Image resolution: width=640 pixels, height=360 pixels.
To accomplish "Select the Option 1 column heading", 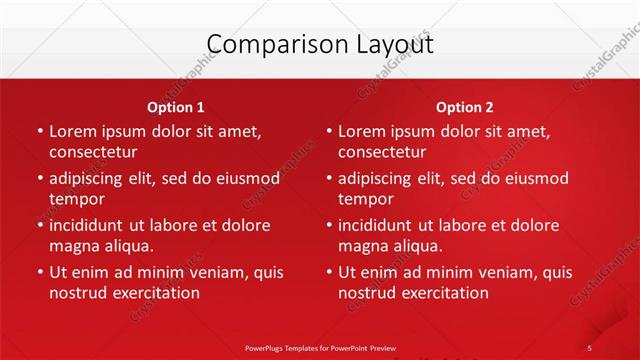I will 176,107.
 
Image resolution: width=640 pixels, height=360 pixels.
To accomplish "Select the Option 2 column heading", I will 465,107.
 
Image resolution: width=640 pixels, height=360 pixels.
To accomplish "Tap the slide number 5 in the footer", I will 590,348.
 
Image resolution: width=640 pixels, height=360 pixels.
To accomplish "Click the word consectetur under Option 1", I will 93,153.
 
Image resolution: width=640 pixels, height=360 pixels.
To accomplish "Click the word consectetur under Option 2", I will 382,153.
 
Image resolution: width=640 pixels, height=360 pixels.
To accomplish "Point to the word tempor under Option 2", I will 364,199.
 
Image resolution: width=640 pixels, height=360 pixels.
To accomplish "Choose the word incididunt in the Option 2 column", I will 381,225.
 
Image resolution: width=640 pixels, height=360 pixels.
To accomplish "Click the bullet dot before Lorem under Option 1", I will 39,132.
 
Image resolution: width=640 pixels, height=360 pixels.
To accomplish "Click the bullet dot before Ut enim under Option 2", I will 328,272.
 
